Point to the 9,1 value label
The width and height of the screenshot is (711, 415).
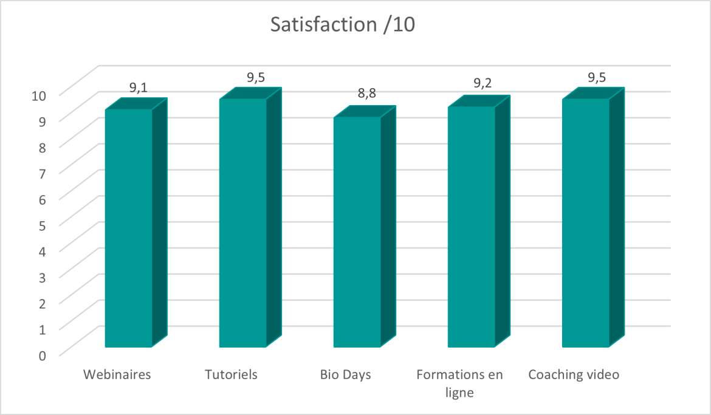tap(139, 87)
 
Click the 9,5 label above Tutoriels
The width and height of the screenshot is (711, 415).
tap(256, 77)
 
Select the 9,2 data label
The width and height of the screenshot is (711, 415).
tap(481, 84)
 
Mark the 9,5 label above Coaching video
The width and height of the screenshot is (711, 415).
tap(596, 77)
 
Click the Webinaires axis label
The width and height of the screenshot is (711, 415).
tap(117, 374)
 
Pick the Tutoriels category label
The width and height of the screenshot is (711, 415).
tap(232, 374)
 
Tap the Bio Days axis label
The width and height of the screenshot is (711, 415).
tap(346, 374)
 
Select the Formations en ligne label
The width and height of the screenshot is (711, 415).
tap(460, 383)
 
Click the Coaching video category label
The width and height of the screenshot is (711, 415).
tap(574, 374)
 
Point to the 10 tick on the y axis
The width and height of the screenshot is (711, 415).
tap(38, 95)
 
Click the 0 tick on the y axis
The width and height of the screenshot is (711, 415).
tap(42, 355)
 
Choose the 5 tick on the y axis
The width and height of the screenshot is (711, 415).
tap(42, 225)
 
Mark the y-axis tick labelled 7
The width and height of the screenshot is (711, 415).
tap(42, 173)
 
